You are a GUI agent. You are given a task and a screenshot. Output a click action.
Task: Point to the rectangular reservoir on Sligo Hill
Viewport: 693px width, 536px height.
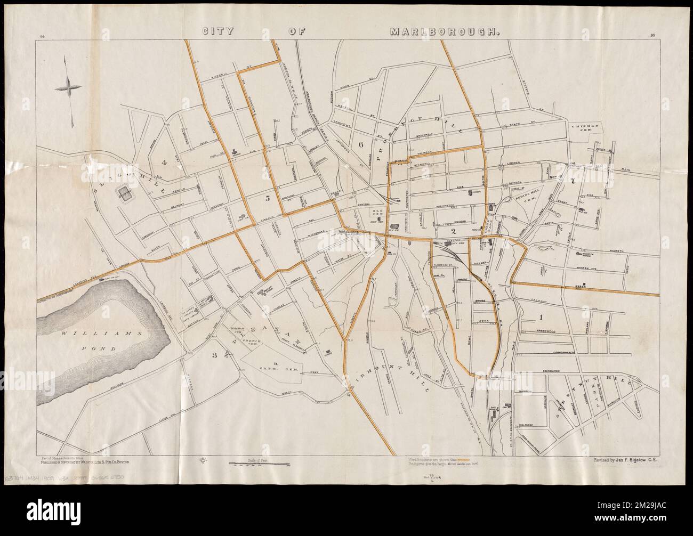(127, 194)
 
